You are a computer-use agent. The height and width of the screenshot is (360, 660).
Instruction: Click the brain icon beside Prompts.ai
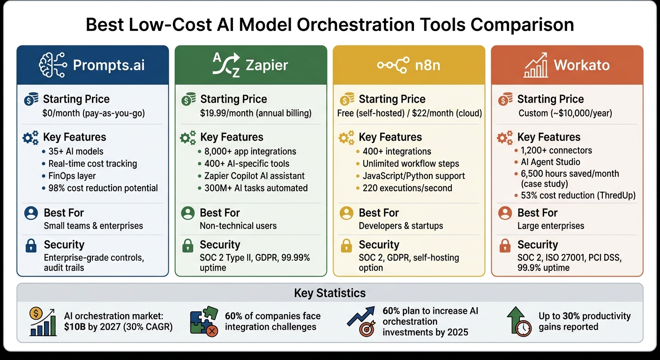tap(52, 65)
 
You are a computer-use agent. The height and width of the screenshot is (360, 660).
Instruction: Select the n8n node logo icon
tap(393, 65)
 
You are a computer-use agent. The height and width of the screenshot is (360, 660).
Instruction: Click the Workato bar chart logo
tap(536, 65)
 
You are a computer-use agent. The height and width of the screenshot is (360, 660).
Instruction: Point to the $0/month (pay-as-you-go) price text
tap(93, 113)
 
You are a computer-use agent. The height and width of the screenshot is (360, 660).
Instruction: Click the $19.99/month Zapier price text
tap(255, 113)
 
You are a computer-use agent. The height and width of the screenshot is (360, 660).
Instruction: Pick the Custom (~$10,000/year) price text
tap(565, 113)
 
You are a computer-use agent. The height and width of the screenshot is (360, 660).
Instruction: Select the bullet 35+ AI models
tap(75, 151)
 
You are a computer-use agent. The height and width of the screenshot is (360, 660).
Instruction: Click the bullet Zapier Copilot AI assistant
tap(255, 176)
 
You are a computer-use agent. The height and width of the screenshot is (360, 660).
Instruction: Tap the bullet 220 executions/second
tap(407, 188)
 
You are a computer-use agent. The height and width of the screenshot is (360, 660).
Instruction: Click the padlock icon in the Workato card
tap(505, 245)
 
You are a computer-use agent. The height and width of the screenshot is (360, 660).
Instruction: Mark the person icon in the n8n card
tap(346, 213)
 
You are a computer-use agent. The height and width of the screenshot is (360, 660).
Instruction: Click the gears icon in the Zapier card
tap(188, 138)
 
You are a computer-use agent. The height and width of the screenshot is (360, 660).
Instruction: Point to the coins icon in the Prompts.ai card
tap(30, 99)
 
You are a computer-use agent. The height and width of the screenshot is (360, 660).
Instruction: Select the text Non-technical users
tap(238, 225)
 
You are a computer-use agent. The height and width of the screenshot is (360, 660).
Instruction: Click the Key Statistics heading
tap(330, 293)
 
